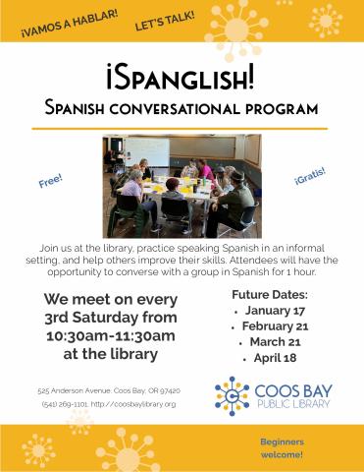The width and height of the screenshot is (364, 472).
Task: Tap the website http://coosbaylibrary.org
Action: [135, 404]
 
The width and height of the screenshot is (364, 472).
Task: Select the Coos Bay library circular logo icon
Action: [232, 394]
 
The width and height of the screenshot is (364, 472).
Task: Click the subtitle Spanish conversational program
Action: [182, 105]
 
